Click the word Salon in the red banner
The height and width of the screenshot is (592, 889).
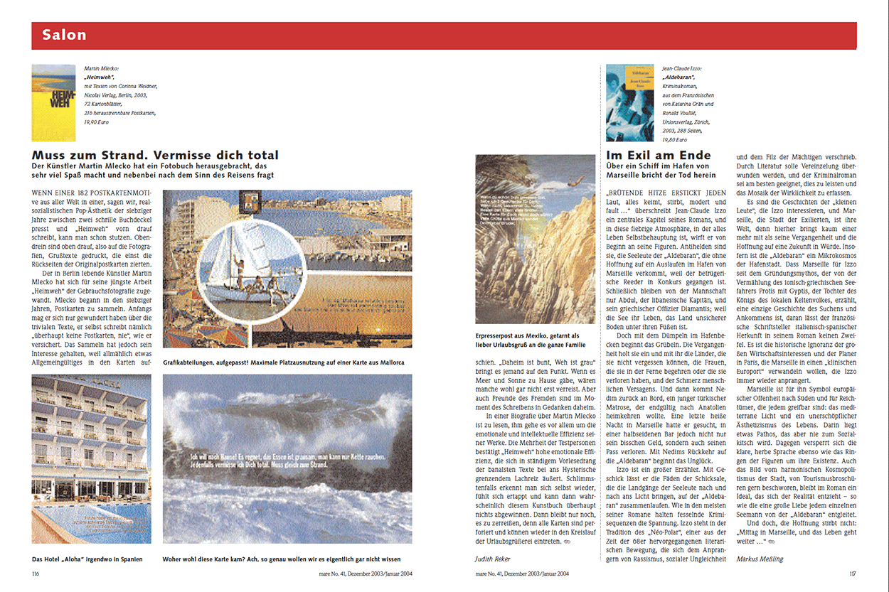(64, 35)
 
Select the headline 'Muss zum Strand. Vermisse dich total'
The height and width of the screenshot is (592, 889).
(155, 156)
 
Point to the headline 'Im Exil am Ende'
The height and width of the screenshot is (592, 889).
(658, 156)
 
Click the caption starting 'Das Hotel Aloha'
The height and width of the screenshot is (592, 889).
(87, 559)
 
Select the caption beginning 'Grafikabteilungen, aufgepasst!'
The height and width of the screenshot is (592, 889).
(283, 362)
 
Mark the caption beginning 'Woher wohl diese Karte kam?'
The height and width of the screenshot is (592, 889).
(282, 559)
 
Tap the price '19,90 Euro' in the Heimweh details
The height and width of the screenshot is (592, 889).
(100, 122)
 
